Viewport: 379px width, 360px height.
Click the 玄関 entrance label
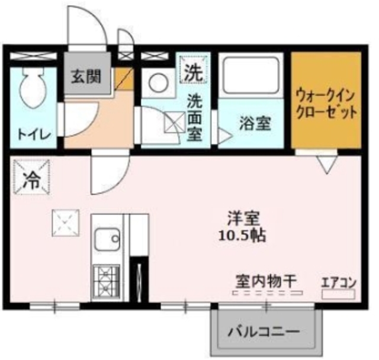click(86, 76)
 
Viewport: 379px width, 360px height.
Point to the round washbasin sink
click(158, 83)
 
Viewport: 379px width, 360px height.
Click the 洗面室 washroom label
click(194, 117)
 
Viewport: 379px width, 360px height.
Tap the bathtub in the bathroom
click(252, 76)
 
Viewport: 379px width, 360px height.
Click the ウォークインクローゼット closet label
click(326, 103)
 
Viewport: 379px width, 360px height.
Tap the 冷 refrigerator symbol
click(29, 179)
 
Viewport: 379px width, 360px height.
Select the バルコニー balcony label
click(263, 332)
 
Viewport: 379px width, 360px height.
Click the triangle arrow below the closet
click(325, 164)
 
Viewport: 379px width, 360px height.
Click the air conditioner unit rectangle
click(338, 294)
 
